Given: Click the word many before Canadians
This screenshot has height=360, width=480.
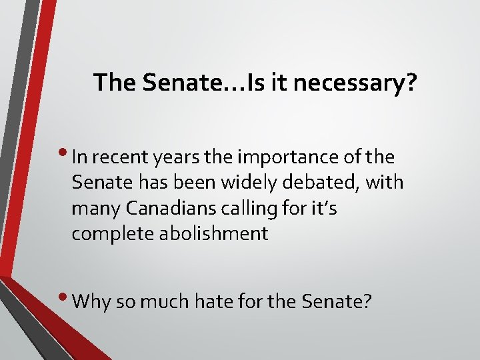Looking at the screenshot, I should (92, 209).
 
